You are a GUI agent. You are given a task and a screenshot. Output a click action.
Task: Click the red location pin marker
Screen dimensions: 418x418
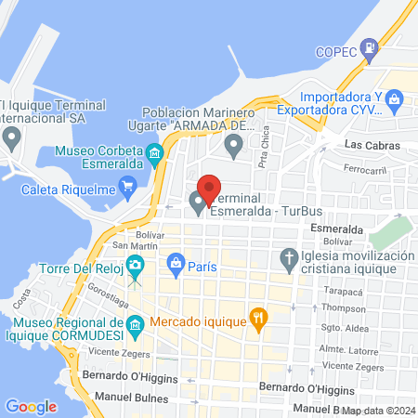(210, 189)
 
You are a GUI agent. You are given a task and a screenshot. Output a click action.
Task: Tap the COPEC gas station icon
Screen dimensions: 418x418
(370, 46)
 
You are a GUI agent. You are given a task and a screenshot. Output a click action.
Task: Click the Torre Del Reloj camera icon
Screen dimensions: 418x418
(136, 268)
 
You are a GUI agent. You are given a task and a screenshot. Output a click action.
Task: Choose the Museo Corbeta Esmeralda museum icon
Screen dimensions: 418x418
(155, 150)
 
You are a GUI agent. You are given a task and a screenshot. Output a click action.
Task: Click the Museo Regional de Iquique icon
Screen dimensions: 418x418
(136, 324)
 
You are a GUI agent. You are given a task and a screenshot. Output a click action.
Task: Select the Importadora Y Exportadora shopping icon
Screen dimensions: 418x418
(394, 97)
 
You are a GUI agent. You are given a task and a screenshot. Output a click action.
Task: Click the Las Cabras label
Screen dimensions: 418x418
(371, 146)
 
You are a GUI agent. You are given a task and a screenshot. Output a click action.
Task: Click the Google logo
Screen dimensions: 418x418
(31, 406)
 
